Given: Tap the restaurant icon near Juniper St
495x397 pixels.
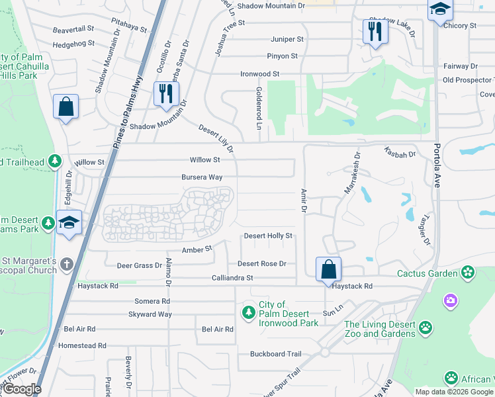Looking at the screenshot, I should pyautogui.click(x=374, y=31).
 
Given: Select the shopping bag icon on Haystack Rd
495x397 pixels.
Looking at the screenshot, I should pyautogui.click(x=328, y=269).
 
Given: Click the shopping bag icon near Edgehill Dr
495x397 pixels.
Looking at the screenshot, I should pyautogui.click(x=66, y=107).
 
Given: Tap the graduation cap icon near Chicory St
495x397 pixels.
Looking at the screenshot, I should pyautogui.click(x=439, y=10).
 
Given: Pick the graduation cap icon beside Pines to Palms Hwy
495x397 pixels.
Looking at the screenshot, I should pyautogui.click(x=69, y=223).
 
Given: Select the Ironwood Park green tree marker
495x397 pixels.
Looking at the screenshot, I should pyautogui.click(x=249, y=312).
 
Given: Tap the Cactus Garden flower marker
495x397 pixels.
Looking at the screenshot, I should pyautogui.click(x=469, y=273).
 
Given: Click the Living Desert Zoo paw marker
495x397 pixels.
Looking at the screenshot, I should pyautogui.click(x=426, y=328).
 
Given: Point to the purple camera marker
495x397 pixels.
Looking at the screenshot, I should pyautogui.click(x=451, y=301).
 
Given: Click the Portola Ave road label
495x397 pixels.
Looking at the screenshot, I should pyautogui.click(x=436, y=166).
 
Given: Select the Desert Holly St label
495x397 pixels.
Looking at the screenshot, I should pyautogui.click(x=268, y=236).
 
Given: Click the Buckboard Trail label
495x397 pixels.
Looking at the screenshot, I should pyautogui.click(x=276, y=354).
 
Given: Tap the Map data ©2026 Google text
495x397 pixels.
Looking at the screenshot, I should pyautogui.click(x=454, y=392).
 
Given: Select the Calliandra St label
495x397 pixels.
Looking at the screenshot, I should pyautogui.click(x=232, y=279).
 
